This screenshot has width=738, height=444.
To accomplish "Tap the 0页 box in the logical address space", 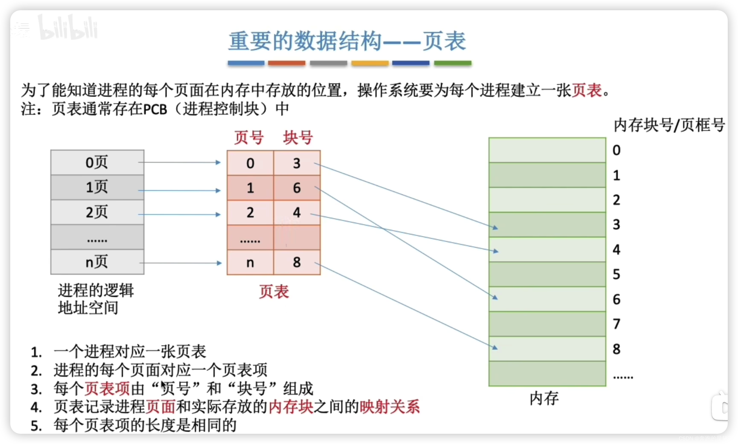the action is click(97, 163).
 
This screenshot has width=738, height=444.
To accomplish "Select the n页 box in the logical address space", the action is click(97, 262).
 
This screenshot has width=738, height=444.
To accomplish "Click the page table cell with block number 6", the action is click(297, 188).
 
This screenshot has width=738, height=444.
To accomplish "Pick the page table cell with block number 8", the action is click(297, 262).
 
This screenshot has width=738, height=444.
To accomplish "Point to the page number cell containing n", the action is click(250, 262).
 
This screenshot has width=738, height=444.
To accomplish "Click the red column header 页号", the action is click(249, 138).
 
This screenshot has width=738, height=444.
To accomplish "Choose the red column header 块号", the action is click(298, 138).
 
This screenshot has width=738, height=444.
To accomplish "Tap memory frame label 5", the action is click(617, 274).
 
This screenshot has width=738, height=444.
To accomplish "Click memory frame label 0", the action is click(617, 150).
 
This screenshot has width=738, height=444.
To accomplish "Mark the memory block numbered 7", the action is click(547, 324).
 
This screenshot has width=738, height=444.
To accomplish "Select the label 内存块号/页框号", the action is click(669, 125).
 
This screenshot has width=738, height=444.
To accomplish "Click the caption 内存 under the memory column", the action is click(544, 398).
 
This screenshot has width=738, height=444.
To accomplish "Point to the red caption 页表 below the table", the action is click(274, 291).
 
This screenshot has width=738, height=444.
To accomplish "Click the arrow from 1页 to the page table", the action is click(180, 190).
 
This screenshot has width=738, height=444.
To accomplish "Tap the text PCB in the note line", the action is click(155, 109).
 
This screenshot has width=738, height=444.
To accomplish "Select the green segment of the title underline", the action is click(453, 63).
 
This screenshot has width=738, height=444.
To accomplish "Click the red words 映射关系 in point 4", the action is click(389, 407).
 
